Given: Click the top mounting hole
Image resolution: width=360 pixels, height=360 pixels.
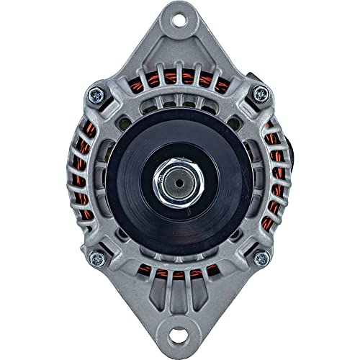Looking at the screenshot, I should point(179,22).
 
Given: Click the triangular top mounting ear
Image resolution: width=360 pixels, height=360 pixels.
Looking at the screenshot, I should point(179,43).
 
